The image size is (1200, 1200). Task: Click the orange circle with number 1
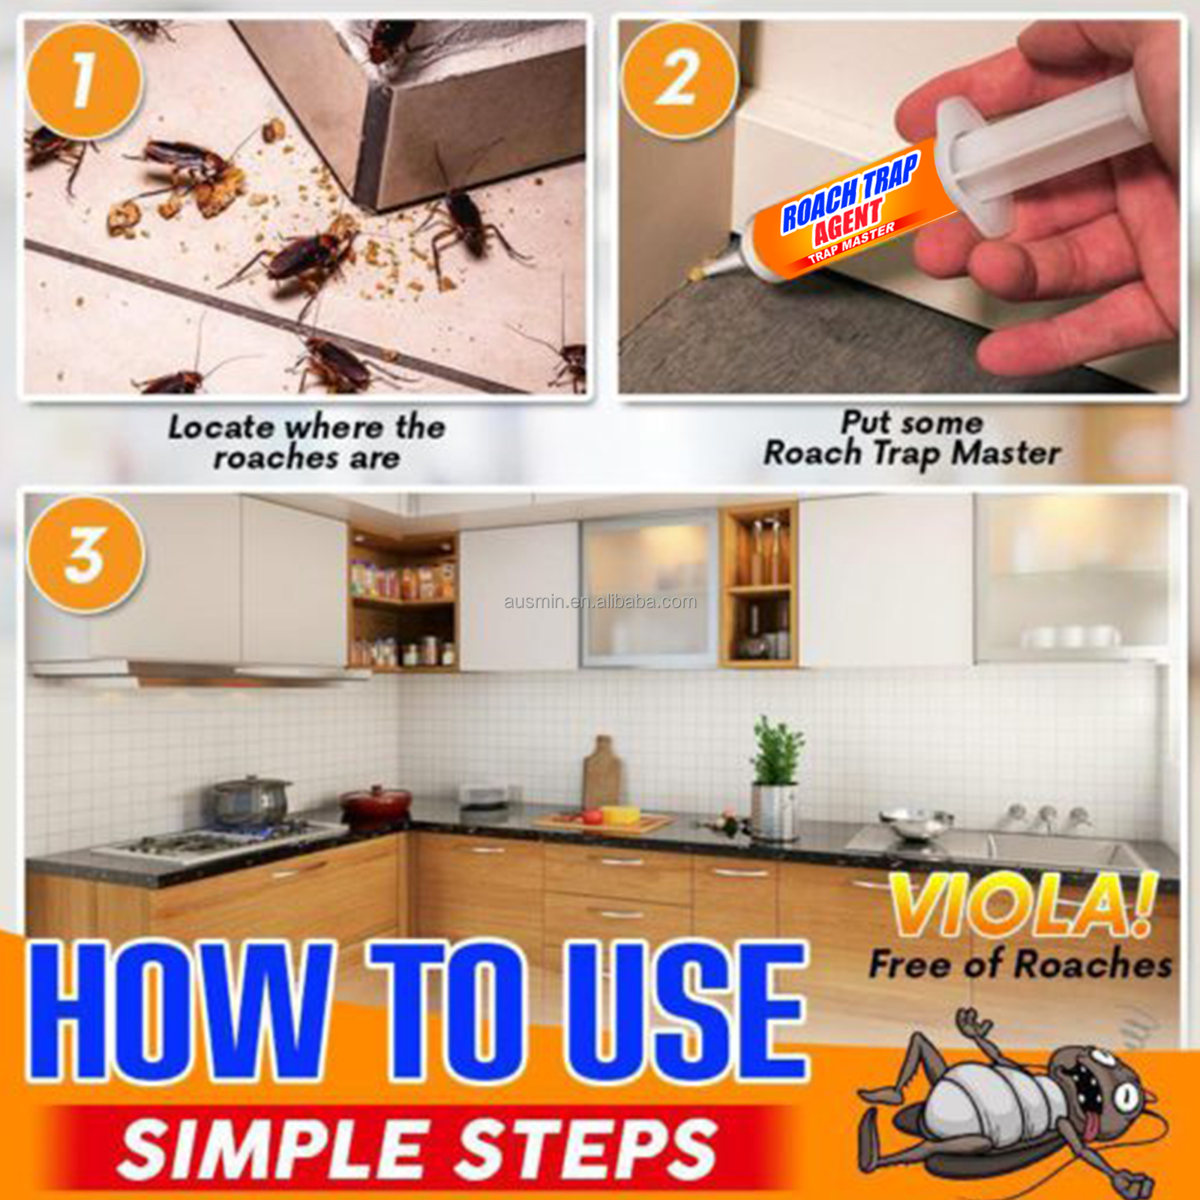tap(82, 81)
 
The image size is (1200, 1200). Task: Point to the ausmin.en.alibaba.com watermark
tap(600, 601)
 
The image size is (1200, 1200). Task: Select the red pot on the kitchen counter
tap(376, 804)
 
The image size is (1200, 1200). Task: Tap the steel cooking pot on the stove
tap(250, 801)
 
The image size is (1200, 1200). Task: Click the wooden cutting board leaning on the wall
tap(601, 772)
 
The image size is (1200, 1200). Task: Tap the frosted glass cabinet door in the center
tap(649, 589)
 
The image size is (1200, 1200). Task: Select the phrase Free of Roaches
tap(1020, 964)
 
